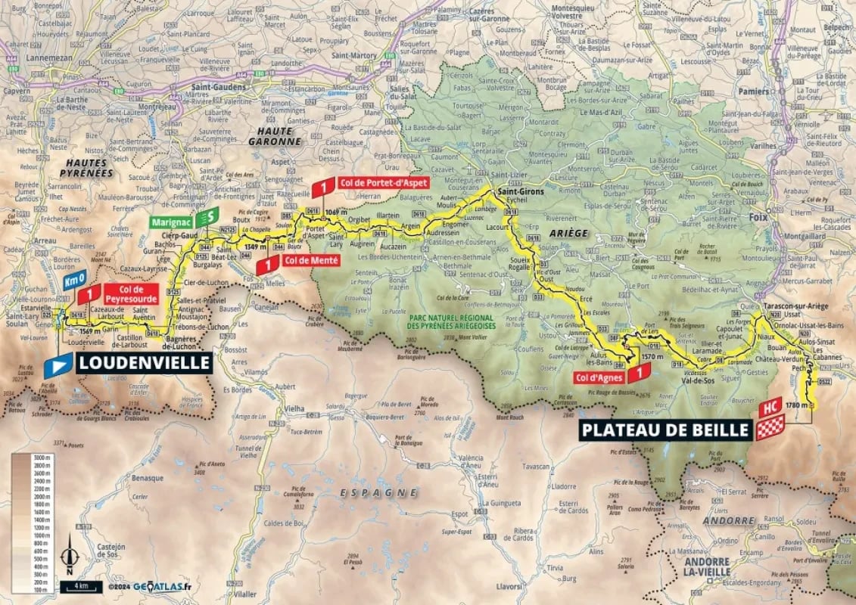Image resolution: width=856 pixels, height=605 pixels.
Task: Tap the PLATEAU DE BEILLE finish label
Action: pyautogui.click(x=664, y=431)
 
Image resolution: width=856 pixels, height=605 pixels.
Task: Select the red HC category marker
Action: pyautogui.click(x=773, y=407)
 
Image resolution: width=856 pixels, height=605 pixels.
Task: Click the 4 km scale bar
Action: pyautogui.click(x=79, y=586)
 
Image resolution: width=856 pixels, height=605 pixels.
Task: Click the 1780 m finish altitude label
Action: pyautogui.click(x=798, y=405)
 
